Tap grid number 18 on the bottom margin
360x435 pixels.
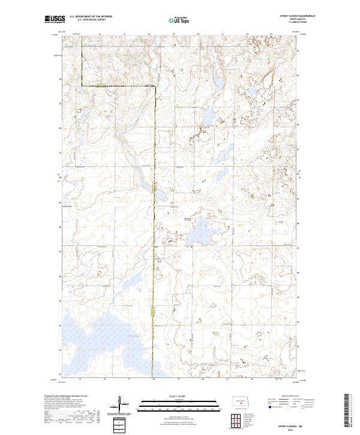(x=154, y=379)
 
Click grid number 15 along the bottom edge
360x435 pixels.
(x=80, y=379)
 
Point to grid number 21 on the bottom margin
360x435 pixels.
(x=228, y=379)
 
